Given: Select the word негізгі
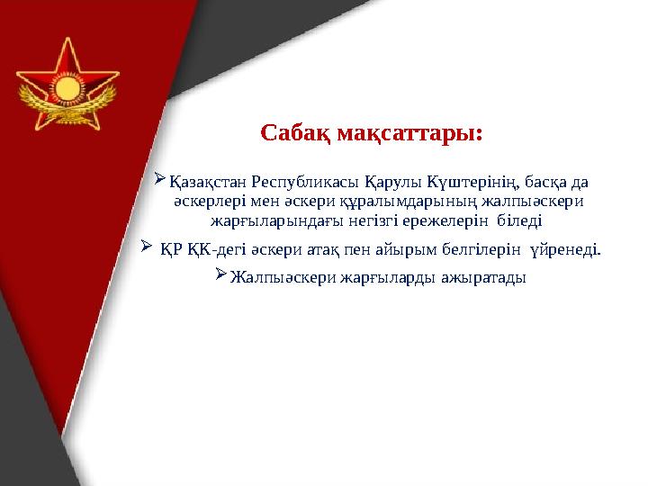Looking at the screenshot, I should click(x=349, y=220).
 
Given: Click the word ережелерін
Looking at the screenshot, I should click(x=422, y=220).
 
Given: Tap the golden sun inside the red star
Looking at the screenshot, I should click(x=67, y=90).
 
